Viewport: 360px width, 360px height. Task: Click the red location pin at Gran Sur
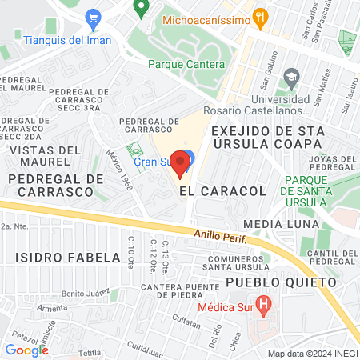(x=180, y=163)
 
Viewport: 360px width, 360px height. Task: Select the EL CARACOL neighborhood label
(x=210, y=192)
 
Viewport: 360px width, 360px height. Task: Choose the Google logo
(x=26, y=350)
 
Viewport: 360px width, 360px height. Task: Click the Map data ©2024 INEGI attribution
(x=311, y=354)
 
